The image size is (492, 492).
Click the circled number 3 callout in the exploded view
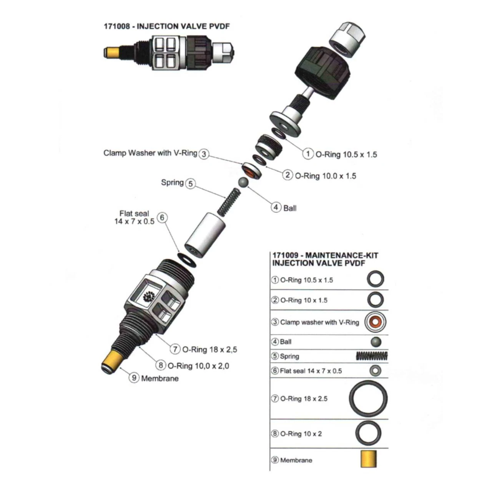point(204,154)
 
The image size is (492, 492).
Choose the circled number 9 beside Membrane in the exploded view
point(134,377)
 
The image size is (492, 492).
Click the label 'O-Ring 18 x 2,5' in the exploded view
point(209,349)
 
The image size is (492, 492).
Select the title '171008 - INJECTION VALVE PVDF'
point(167,26)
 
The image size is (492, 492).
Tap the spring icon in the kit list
point(372,356)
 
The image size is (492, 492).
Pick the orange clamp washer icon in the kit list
point(375,322)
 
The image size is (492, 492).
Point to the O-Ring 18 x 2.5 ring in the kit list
point(368,399)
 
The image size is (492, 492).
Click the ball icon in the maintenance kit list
point(376,342)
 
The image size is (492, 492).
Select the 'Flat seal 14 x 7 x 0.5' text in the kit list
point(311,371)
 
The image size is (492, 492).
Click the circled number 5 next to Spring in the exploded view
point(191,183)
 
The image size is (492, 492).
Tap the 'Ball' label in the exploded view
point(290,208)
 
